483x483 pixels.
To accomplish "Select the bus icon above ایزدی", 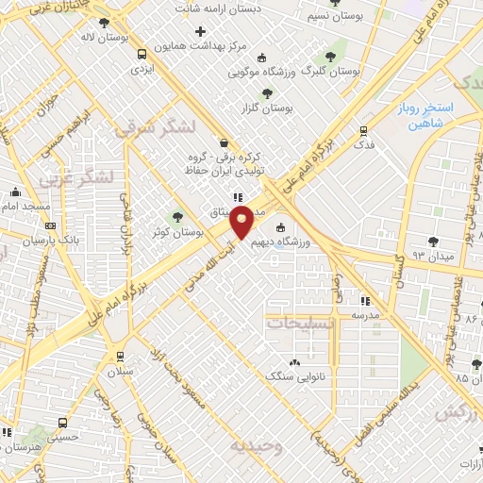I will tap(142, 54).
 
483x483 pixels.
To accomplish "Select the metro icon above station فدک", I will tap(363, 131).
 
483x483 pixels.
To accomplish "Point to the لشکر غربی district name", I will tap(77, 176).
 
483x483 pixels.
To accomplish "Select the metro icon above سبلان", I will tap(120, 356).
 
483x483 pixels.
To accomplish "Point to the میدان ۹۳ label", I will tap(448, 256).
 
